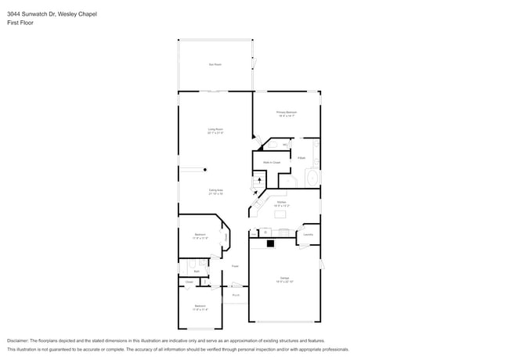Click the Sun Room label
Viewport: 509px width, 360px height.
tap(215, 64)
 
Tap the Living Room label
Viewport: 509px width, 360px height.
tap(215, 130)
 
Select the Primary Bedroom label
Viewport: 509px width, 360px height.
tap(287, 113)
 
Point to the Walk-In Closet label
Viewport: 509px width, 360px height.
tap(272, 162)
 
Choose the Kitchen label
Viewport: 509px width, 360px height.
tap(280, 203)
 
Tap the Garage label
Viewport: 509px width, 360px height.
tap(285, 279)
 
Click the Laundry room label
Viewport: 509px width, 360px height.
tap(309, 234)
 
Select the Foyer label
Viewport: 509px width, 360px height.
tap(234, 267)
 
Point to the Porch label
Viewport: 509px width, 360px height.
tap(235, 295)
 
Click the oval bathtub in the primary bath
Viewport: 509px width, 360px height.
tap(312, 177)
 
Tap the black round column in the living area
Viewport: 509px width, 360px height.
tap(206, 169)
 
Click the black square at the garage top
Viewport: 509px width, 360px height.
tap(271, 243)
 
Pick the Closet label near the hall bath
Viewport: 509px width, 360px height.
tap(190, 282)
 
